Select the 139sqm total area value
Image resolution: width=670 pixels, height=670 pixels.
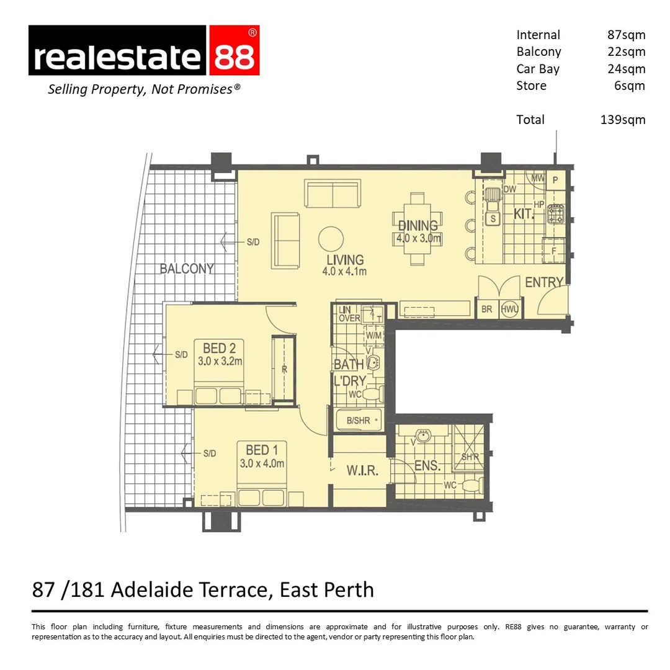[622, 120]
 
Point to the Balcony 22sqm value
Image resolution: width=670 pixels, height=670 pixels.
[626, 52]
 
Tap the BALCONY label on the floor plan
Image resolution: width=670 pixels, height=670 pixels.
[186, 269]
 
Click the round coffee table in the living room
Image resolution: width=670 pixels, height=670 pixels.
[331, 238]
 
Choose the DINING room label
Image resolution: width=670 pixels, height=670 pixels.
[418, 226]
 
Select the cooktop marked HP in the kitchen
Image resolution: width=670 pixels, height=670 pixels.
[555, 215]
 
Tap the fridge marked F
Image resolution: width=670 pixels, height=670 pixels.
[554, 252]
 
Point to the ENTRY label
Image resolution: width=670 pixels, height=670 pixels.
[543, 282]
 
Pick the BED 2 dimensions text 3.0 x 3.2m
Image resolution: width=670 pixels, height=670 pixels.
[220, 360]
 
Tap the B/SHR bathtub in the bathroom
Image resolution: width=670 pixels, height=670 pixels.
[359, 421]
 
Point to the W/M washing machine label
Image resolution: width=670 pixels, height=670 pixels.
[373, 336]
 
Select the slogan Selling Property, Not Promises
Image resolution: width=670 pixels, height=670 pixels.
[144, 89]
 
